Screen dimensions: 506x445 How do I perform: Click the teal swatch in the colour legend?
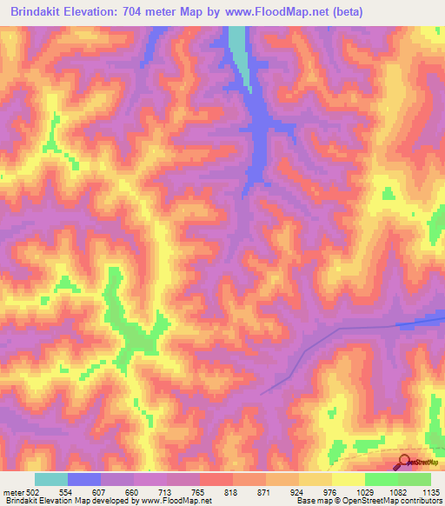click(x=51, y=479)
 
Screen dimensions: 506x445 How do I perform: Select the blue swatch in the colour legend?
click(x=84, y=479)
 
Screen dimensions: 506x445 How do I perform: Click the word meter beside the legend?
click(x=12, y=491)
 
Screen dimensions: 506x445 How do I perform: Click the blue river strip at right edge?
click(x=422, y=323)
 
